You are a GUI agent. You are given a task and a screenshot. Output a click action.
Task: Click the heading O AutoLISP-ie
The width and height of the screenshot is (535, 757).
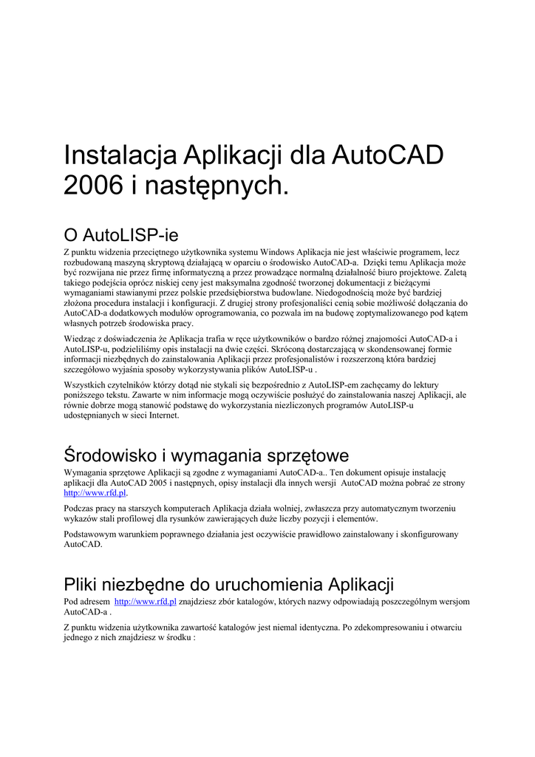pyautogui.click(x=121, y=236)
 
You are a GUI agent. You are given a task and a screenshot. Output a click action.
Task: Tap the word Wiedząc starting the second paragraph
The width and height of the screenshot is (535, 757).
pyautogui.click(x=82, y=339)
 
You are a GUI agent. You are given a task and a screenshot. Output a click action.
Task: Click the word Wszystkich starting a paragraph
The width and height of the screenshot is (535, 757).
pyautogui.click(x=89, y=385)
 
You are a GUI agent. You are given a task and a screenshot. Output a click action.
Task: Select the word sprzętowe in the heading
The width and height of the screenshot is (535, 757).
pyautogui.click(x=301, y=455)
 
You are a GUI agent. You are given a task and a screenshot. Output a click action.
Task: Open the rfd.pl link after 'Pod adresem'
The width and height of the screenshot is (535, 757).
pyautogui.click(x=146, y=602)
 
